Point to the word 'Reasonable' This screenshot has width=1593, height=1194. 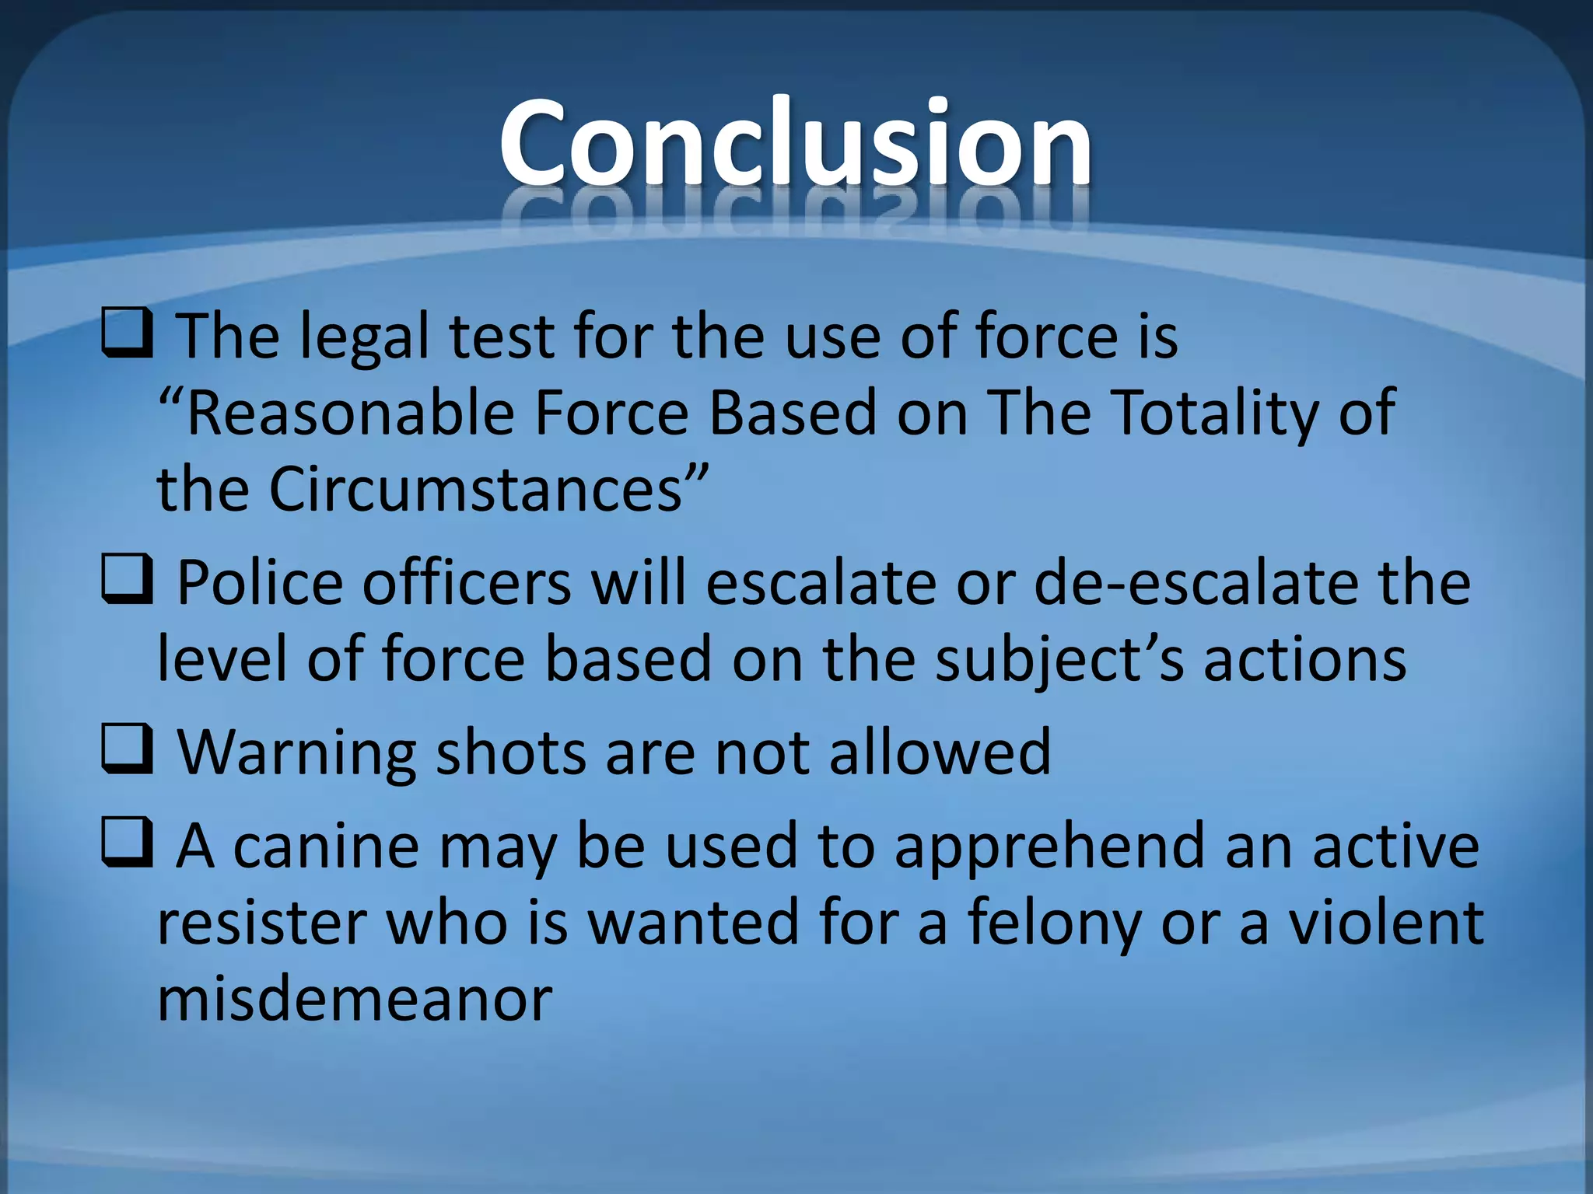pyautogui.click(x=350, y=413)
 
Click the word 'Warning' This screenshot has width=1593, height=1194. pyautogui.click(x=296, y=752)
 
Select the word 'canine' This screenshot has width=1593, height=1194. pyautogui.click(x=326, y=846)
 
